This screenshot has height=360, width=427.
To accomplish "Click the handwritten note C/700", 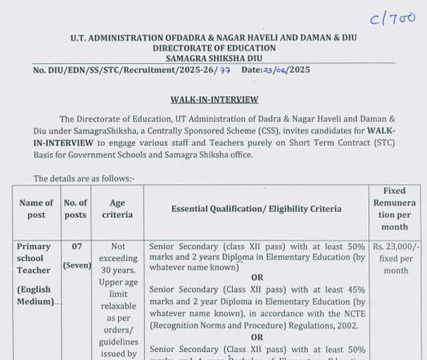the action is (392, 20).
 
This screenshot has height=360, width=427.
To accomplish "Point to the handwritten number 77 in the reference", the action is (225, 70).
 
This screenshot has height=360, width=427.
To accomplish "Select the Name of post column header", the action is (37, 209).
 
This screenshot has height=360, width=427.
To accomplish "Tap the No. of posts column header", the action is (75, 209).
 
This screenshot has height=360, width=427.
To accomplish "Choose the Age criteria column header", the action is (117, 209).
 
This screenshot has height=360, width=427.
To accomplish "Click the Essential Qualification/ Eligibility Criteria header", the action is (256, 209).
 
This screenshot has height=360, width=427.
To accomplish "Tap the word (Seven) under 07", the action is (76, 265).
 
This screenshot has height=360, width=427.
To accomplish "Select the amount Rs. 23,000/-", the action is (396, 247).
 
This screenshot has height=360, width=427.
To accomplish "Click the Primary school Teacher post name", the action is (34, 258).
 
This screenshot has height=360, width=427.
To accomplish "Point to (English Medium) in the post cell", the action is (35, 295).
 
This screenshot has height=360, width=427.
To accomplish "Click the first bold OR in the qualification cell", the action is (257, 278).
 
